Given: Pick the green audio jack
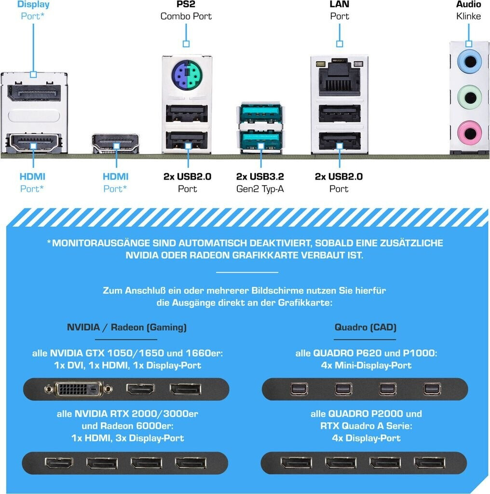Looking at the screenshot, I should (x=468, y=96).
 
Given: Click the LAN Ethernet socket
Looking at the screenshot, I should (x=340, y=79).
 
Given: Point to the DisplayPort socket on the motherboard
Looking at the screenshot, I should (x=34, y=94).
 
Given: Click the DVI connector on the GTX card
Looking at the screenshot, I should (x=80, y=389).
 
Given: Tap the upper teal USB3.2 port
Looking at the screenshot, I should (x=261, y=114).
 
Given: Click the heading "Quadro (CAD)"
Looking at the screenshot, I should (x=365, y=328).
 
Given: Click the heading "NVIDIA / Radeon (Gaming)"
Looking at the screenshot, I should (x=126, y=328).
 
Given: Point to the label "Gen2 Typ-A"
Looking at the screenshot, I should (x=260, y=189).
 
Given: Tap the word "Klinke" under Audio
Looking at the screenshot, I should (x=468, y=16).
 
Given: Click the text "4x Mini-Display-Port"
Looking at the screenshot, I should (x=366, y=365).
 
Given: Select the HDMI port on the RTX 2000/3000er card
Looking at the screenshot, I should (x=59, y=463).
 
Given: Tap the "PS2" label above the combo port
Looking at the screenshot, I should (x=186, y=4).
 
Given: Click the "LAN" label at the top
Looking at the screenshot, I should (x=340, y=4).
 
